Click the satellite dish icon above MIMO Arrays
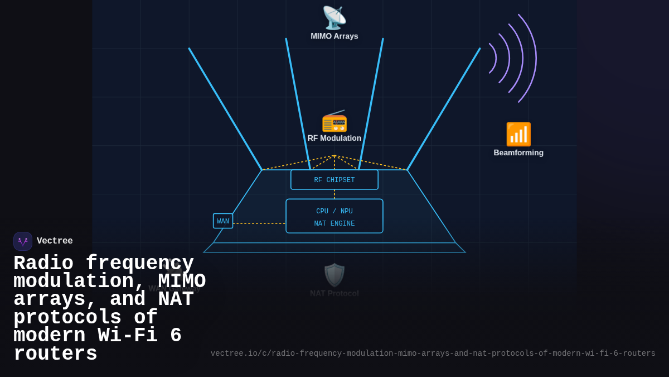(334, 17)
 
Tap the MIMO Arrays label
(334, 36)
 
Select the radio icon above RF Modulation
(334, 121)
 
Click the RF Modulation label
(334, 138)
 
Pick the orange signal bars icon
(518, 134)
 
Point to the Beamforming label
(518, 152)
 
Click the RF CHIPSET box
(334, 180)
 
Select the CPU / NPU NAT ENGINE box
(334, 216)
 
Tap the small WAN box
(222, 221)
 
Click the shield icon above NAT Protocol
(334, 275)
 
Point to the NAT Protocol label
(334, 293)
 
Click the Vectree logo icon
(23, 241)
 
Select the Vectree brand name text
(55, 241)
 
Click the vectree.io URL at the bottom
(433, 354)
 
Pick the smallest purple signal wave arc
(496, 58)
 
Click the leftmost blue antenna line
(225, 109)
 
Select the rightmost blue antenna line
(444, 109)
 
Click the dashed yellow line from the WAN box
(259, 223)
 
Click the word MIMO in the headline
(182, 281)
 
